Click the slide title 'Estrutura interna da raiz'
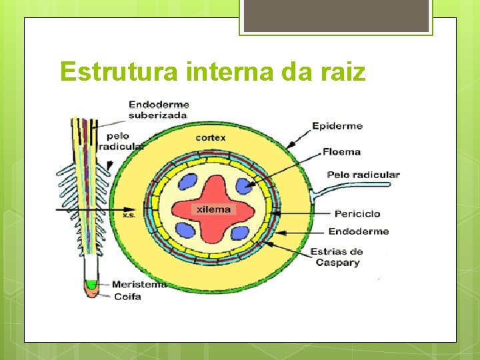coord(213,71)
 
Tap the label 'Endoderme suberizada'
coord(159,109)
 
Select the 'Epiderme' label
coord(337,125)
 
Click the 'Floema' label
coord(341,151)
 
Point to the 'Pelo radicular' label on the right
coord(363,175)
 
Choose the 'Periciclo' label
coord(357,213)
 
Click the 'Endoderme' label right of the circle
coord(358,231)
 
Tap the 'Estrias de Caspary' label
coord(337,257)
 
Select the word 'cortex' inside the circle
coord(211,137)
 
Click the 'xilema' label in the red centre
coord(213,209)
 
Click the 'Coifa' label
coord(127,296)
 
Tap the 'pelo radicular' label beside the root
coord(121,141)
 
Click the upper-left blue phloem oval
coord(189,183)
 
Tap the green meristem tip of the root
coord(91,285)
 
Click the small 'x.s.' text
coord(129,215)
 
